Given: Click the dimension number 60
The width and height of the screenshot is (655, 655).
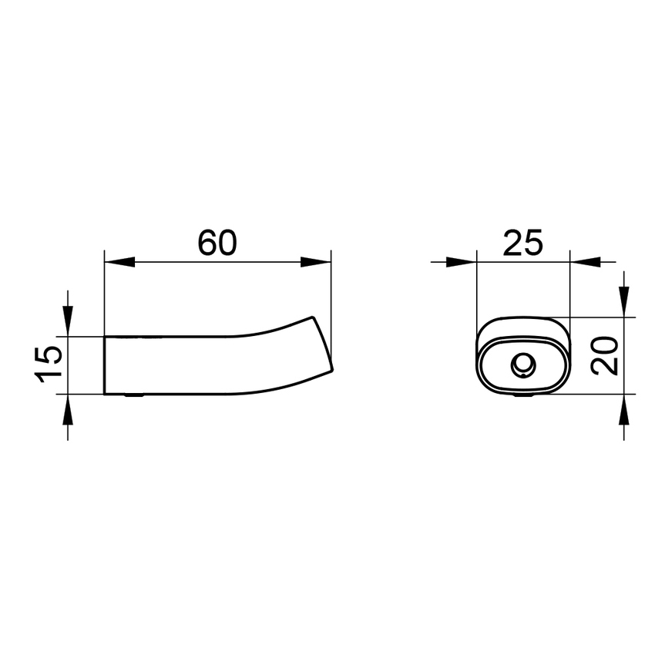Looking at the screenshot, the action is tap(217, 243).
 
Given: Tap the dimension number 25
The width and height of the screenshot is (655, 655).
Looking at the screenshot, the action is tap(523, 243).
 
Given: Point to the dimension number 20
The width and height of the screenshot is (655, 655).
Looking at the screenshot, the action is tap(604, 356).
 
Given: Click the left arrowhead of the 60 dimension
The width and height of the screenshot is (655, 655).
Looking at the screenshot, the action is tap(119, 262).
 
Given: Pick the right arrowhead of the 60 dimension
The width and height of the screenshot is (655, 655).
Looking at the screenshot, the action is tap(316, 262).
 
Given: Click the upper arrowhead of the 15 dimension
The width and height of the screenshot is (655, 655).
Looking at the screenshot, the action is tap(68, 321).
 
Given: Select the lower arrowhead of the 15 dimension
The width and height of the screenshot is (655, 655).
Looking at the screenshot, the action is tap(68, 409).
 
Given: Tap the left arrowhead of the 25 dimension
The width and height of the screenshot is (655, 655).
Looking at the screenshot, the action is tap(461, 262).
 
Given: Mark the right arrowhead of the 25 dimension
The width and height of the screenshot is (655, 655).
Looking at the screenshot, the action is tap(585, 262).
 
